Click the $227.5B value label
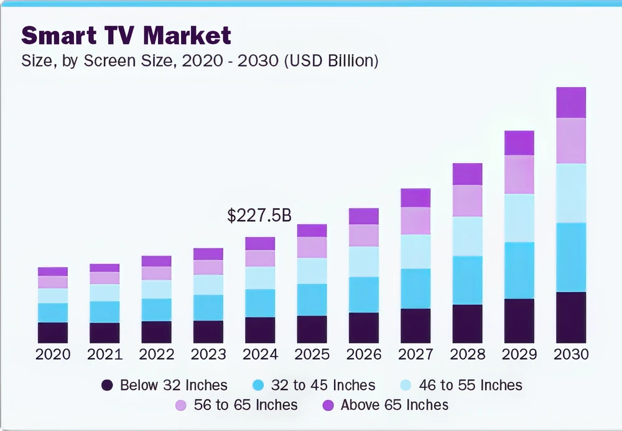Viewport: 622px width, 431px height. pos(259,215)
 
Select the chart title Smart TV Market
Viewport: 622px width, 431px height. pos(126,35)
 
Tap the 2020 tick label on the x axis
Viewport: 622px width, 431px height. pos(53,355)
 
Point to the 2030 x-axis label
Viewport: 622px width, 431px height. pos(571,355)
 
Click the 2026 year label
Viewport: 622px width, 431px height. pos(364,355)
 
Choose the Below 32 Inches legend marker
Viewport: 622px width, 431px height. pos(107,386)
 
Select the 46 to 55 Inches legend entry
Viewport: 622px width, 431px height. pos(470,386)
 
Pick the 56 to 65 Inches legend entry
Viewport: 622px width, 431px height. pos(245,406)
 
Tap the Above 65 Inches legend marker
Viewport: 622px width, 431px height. pos(328,406)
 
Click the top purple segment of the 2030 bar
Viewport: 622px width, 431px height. pos(571,102)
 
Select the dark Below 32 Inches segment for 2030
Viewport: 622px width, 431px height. pos(571,317)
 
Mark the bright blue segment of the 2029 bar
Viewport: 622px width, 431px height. pos(519,270)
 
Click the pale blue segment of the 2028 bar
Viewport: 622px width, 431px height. pos(467,236)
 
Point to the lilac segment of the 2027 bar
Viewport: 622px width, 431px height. pos(415,220)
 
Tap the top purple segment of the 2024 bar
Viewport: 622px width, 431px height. pos(260,243)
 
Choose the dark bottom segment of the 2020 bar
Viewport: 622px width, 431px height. pos(53,333)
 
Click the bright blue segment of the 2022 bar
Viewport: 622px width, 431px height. pos(156,309)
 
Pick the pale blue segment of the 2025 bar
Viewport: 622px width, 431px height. pos(312,271)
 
